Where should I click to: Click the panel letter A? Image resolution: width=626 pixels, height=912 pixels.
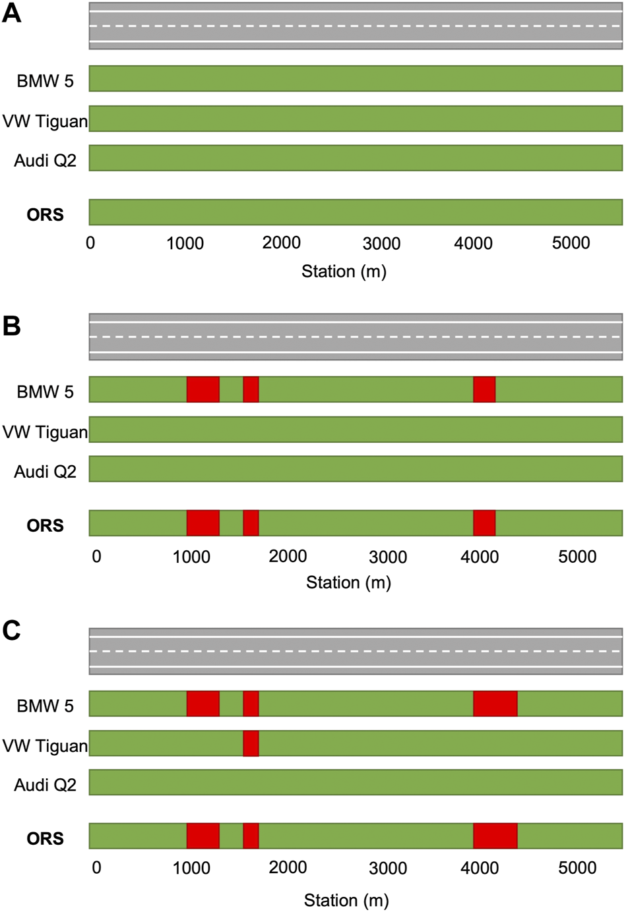point(11,13)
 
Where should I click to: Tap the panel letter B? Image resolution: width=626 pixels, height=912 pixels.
point(11,326)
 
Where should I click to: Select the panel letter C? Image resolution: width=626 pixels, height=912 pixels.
point(11,631)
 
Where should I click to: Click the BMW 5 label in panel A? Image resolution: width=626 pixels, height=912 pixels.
point(45,81)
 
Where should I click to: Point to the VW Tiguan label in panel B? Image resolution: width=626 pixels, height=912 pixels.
point(45,432)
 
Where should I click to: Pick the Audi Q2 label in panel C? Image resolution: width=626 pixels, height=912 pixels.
point(45,785)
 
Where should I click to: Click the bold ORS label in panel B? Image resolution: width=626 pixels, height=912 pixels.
point(45,525)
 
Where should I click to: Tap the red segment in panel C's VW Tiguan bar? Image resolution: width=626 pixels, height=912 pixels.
point(251,743)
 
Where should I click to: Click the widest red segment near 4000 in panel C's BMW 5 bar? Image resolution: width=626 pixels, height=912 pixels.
point(495,704)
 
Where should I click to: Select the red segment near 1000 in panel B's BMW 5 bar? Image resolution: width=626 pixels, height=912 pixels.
point(203,389)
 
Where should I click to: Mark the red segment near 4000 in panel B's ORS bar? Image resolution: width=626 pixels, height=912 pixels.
point(484,523)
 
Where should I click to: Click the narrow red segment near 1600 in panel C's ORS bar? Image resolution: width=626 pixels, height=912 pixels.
point(251,836)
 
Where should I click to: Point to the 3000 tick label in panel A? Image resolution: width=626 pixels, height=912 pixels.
point(381,243)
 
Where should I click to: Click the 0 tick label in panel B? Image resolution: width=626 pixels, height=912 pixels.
point(96,557)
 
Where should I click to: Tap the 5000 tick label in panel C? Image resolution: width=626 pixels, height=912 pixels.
point(577,867)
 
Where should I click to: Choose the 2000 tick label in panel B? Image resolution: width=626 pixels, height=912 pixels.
point(288,556)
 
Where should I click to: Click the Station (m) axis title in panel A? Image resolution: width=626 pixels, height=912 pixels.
point(344,271)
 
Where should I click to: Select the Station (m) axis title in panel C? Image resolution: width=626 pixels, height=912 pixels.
point(346,900)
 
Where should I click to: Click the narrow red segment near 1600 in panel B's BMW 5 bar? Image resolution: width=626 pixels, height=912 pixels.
point(251,389)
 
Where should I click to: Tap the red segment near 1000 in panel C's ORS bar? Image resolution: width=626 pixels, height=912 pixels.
point(203,836)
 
